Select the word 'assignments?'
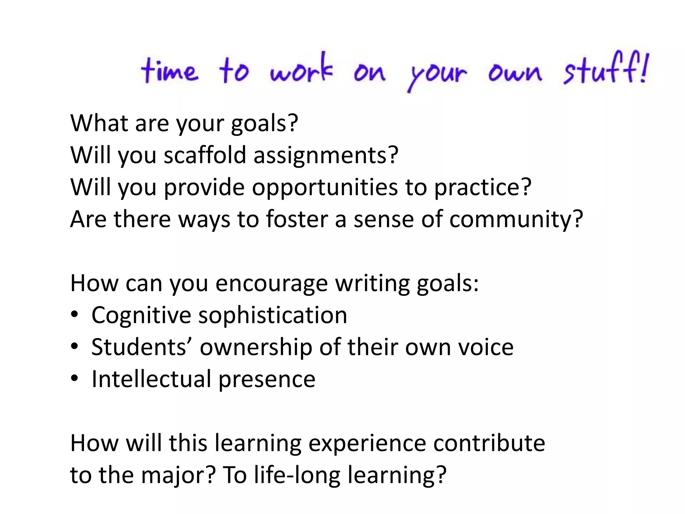[326, 156]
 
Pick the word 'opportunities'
[325, 187]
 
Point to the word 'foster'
[297, 219]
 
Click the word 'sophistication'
[273, 315]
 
